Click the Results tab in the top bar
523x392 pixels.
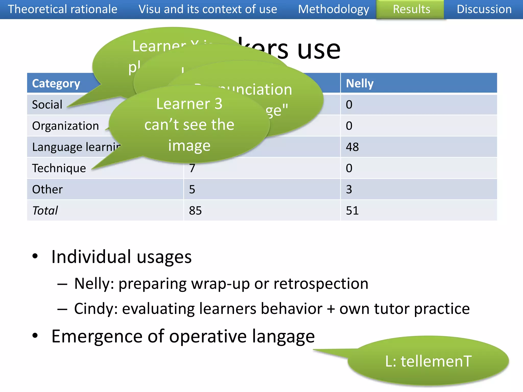pos(411,9)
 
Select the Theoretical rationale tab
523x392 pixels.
pos(63,9)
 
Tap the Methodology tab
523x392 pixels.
pos(333,9)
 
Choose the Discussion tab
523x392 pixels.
pos(484,9)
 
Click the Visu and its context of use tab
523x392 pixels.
pos(208,9)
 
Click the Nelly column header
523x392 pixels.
pos(360,83)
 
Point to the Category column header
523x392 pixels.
pos(56,83)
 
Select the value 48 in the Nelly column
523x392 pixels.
pos(352,147)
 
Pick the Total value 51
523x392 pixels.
pos(352,211)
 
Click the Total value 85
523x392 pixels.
pos(195,211)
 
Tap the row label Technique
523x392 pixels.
pos(59,168)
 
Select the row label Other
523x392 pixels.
pos(47,189)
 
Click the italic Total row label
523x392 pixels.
pos(45,211)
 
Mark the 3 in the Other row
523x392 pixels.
pos(349,189)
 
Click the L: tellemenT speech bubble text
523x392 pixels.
pos(428,361)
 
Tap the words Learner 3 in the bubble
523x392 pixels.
pos(189,104)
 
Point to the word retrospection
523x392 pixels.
pos(321,284)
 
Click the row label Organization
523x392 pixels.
pos(65,126)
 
